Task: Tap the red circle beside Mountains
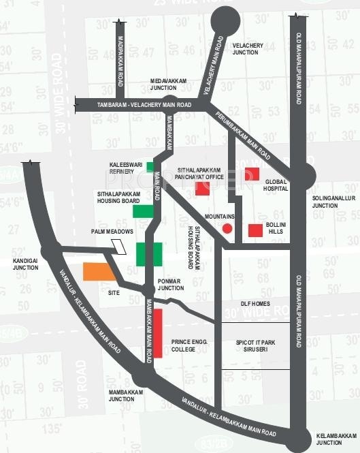coord(228,228)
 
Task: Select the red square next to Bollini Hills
coord(255,230)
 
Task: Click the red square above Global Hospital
coord(252,174)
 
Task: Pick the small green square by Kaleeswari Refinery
coord(150,167)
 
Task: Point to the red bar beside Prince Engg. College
coord(158,332)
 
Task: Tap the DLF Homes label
coord(256,304)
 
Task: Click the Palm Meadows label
coord(112,232)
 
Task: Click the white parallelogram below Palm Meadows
coord(120,246)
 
